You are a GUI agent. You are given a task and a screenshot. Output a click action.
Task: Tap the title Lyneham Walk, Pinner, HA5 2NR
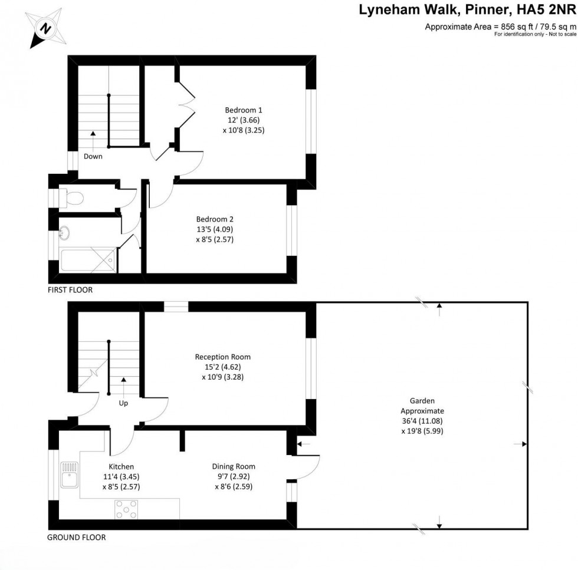tap(468, 9)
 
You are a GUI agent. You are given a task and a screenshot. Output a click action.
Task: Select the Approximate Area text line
tap(500, 27)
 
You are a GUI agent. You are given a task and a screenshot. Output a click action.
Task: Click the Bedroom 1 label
tap(243, 120)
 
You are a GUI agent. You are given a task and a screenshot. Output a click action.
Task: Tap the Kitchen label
tap(121, 476)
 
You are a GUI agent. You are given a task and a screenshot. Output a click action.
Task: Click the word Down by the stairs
tap(93, 156)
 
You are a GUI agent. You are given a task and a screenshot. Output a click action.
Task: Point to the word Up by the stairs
tap(124, 404)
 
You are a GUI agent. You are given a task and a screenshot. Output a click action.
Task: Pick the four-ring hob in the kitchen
tap(126, 508)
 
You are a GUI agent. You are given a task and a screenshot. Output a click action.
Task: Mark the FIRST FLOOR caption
tap(70, 290)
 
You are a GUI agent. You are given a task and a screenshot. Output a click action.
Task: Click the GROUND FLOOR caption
tap(77, 537)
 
